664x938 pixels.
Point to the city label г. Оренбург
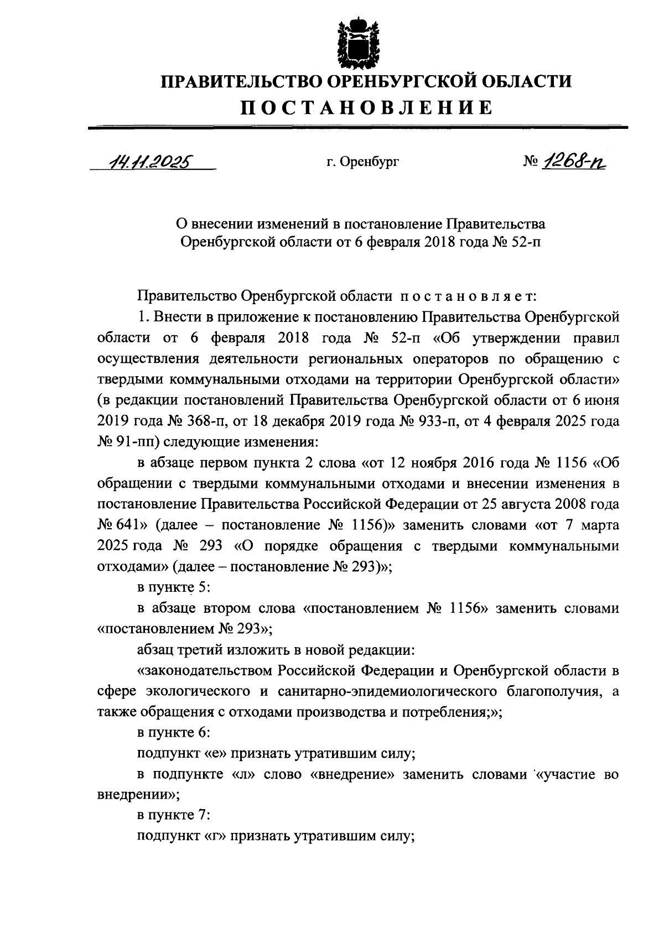(362, 162)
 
